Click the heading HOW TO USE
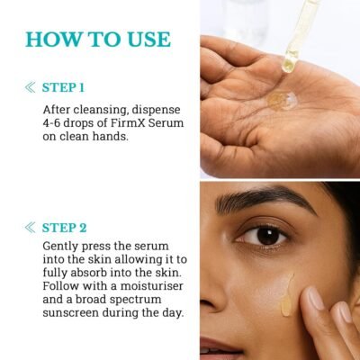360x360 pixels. [x=97, y=39]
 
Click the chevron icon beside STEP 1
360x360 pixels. [x=31, y=87]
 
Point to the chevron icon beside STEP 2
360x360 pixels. [x=31, y=227]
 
